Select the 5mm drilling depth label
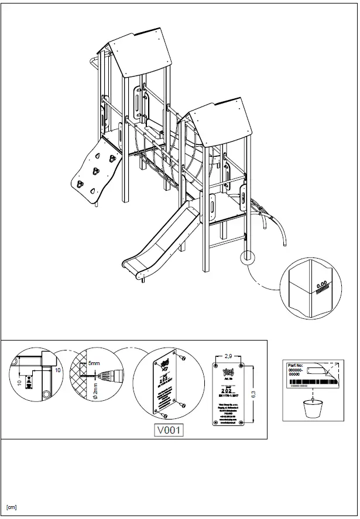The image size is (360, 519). point(94,364)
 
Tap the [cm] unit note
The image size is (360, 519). point(11,507)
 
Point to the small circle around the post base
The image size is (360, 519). point(249,257)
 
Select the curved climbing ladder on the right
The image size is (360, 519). point(272,220)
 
